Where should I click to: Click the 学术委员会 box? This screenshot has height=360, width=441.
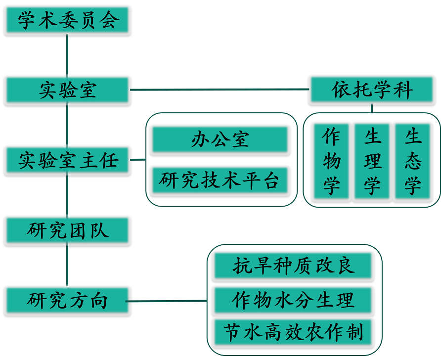[x=67, y=21]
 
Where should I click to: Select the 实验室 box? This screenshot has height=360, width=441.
[x=67, y=90]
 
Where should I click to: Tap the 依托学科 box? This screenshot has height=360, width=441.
[x=372, y=90]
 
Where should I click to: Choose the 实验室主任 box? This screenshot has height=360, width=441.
[x=67, y=160]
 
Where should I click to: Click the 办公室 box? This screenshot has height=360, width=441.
[x=220, y=140]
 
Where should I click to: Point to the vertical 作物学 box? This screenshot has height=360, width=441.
[x=331, y=161]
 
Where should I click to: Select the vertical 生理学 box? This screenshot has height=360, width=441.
[x=372, y=161]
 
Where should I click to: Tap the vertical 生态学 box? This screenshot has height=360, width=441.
[x=412, y=161]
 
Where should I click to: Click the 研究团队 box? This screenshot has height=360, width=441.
[x=67, y=230]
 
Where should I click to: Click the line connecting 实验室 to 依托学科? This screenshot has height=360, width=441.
[x=220, y=90]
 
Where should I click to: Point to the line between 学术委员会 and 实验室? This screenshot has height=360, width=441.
[x=67, y=55]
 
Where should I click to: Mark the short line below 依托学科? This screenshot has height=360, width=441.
[x=371, y=108]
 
